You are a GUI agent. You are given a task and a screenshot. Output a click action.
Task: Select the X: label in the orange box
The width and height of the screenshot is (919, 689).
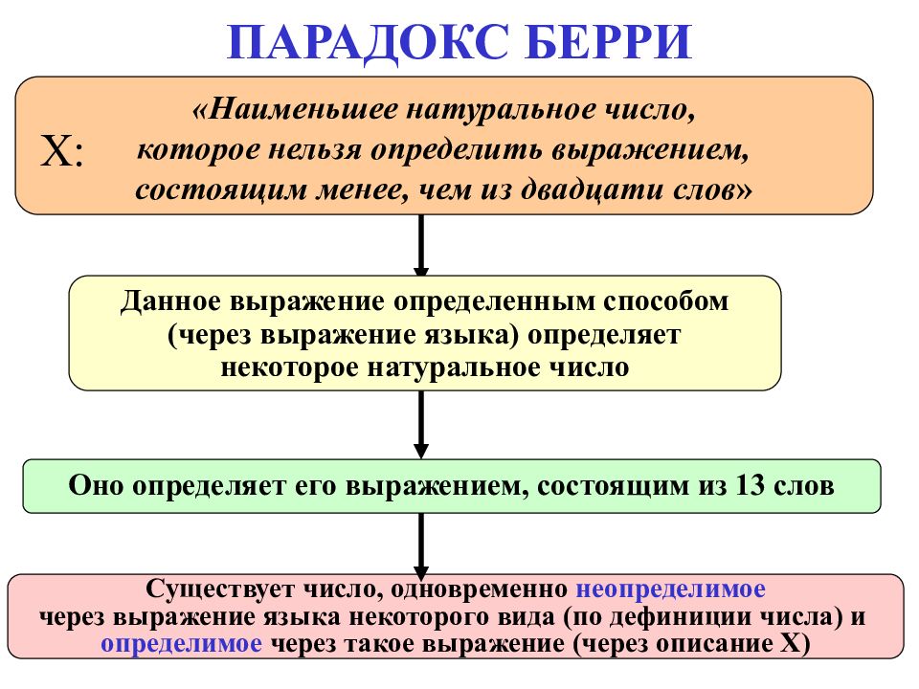point(61,151)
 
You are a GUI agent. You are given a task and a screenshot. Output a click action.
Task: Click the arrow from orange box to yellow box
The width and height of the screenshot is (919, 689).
point(421,245)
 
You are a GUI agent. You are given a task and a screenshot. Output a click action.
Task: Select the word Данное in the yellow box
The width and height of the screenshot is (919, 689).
point(170,302)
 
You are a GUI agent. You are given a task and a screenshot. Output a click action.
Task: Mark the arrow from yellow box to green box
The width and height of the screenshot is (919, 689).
point(421,425)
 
